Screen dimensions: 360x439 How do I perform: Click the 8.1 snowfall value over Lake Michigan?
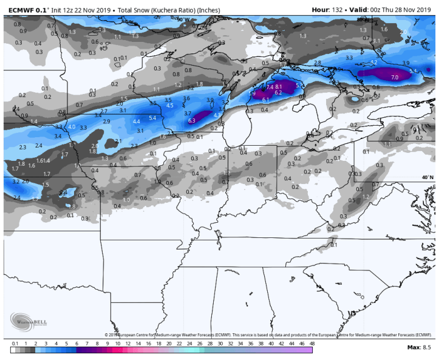(279, 87)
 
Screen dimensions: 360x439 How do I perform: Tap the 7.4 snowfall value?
(270, 87)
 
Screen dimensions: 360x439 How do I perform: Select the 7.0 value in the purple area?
(394, 77)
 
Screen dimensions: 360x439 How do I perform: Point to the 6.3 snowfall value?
(191, 121)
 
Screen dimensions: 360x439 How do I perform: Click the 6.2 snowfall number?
(278, 93)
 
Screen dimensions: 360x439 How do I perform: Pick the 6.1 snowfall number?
(265, 98)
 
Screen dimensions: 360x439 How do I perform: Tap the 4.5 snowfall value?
(170, 106)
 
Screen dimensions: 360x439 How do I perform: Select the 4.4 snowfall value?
(137, 121)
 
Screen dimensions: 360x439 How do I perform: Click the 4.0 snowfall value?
(72, 126)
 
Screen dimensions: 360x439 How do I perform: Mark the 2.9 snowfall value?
(107, 121)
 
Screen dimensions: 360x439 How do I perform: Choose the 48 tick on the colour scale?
(311, 344)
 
